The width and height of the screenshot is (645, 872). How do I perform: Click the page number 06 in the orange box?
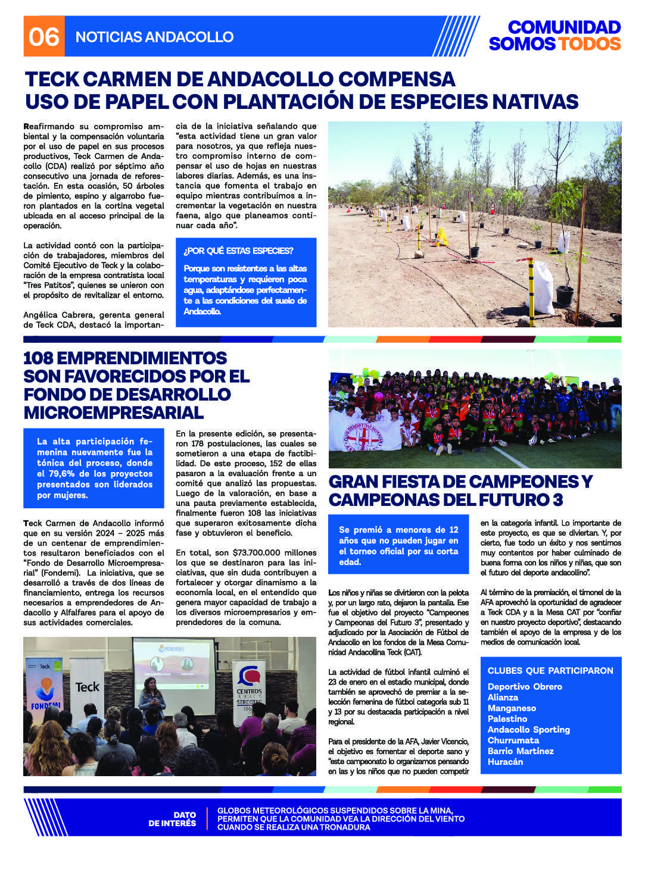tap(43, 37)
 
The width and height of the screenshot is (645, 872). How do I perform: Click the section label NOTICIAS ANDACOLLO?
tap(154, 37)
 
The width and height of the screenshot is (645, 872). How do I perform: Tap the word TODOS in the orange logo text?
tap(590, 44)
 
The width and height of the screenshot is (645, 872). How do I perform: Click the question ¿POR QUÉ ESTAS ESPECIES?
tap(238, 251)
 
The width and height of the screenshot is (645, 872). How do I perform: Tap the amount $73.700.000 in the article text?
tap(248, 553)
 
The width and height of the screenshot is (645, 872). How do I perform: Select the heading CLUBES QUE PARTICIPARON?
tap(550, 671)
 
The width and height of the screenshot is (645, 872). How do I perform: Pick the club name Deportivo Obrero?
tap(525, 687)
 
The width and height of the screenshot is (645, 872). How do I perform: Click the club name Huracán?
tap(505, 762)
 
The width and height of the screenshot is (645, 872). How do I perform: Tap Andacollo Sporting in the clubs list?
tap(528, 730)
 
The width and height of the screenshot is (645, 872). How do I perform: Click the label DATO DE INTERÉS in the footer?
tap(172, 819)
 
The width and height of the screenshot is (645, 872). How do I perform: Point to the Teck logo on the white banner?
tap(88, 687)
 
